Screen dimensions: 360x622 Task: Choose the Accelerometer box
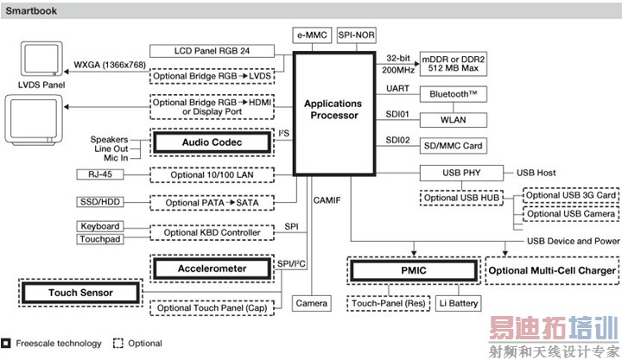(x=212, y=268)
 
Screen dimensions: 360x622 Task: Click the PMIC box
(x=413, y=271)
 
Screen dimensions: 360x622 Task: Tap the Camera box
(x=311, y=304)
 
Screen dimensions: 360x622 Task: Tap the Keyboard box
(x=101, y=226)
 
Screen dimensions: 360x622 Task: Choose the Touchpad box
(x=101, y=238)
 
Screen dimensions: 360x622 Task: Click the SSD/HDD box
(x=101, y=201)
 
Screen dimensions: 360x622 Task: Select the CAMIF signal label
(x=326, y=200)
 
